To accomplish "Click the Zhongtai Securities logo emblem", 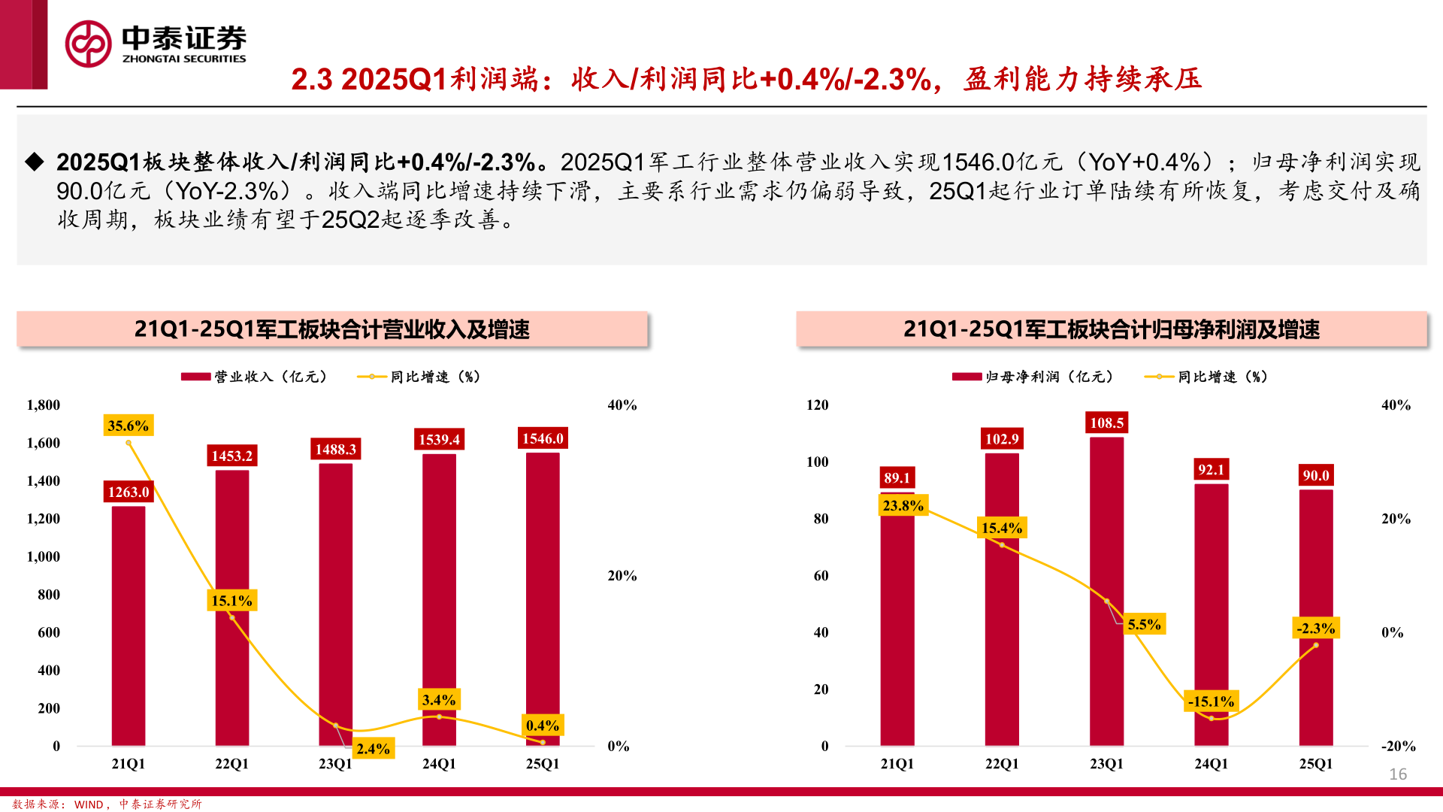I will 88,44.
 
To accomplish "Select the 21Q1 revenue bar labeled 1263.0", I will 129,624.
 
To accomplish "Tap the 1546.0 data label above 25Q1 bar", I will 543,438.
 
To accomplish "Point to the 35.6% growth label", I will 128,426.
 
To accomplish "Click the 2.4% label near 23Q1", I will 373,749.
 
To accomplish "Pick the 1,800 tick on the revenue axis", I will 44,405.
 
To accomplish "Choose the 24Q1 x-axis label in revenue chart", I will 439,764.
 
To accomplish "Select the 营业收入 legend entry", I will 256,377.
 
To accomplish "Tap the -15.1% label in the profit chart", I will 1211,701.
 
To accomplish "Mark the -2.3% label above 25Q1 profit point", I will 1316,629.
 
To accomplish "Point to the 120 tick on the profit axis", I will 818,405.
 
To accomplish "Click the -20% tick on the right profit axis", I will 1398,747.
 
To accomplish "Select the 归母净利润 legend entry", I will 1034,377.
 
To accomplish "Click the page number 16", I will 1398,774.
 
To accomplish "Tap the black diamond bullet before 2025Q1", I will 35,162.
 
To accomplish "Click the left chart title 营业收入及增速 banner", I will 331,329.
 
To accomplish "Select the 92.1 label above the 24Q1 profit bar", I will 1211,470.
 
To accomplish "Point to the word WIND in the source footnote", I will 89,804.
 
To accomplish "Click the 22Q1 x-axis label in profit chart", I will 1002,764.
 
